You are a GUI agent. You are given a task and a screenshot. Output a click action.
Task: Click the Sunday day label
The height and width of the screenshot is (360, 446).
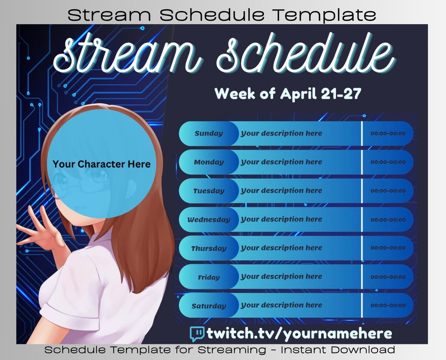click(209, 134)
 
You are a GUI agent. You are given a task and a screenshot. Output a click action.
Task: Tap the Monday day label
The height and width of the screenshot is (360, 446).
click(209, 162)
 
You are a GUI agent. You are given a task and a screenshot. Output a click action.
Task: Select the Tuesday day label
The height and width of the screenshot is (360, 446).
click(209, 191)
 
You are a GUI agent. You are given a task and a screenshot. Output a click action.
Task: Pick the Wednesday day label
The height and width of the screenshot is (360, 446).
click(209, 220)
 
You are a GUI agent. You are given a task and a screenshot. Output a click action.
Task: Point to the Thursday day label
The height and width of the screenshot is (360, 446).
click(209, 248)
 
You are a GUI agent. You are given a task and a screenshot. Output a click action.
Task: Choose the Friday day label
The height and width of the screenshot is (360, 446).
click(209, 277)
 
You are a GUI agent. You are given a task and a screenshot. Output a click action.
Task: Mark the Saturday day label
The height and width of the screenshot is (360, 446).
click(209, 306)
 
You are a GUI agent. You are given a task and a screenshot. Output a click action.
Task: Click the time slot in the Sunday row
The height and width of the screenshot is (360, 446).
click(388, 134)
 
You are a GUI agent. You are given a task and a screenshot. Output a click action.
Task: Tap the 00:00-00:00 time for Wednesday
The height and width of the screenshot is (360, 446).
click(388, 220)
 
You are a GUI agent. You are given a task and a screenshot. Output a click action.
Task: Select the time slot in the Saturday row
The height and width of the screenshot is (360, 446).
click(388, 306)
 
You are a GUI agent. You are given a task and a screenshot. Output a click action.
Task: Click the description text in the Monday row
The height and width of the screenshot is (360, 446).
click(281, 162)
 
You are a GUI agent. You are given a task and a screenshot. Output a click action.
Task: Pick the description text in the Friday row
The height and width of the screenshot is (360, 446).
click(281, 277)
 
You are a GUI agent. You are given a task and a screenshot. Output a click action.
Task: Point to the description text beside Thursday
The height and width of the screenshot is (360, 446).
click(281, 248)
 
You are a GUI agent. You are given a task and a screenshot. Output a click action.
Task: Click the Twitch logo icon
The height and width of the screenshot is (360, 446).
click(197, 333)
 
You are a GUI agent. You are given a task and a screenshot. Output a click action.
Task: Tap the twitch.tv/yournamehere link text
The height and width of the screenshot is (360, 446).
click(299, 333)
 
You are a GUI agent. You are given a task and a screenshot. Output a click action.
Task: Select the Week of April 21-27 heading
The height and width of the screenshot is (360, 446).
click(288, 93)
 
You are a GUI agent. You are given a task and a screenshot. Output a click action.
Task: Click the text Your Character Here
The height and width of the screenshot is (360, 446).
click(102, 164)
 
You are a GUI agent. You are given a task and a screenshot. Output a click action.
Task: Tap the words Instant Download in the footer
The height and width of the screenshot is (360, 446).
click(338, 350)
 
